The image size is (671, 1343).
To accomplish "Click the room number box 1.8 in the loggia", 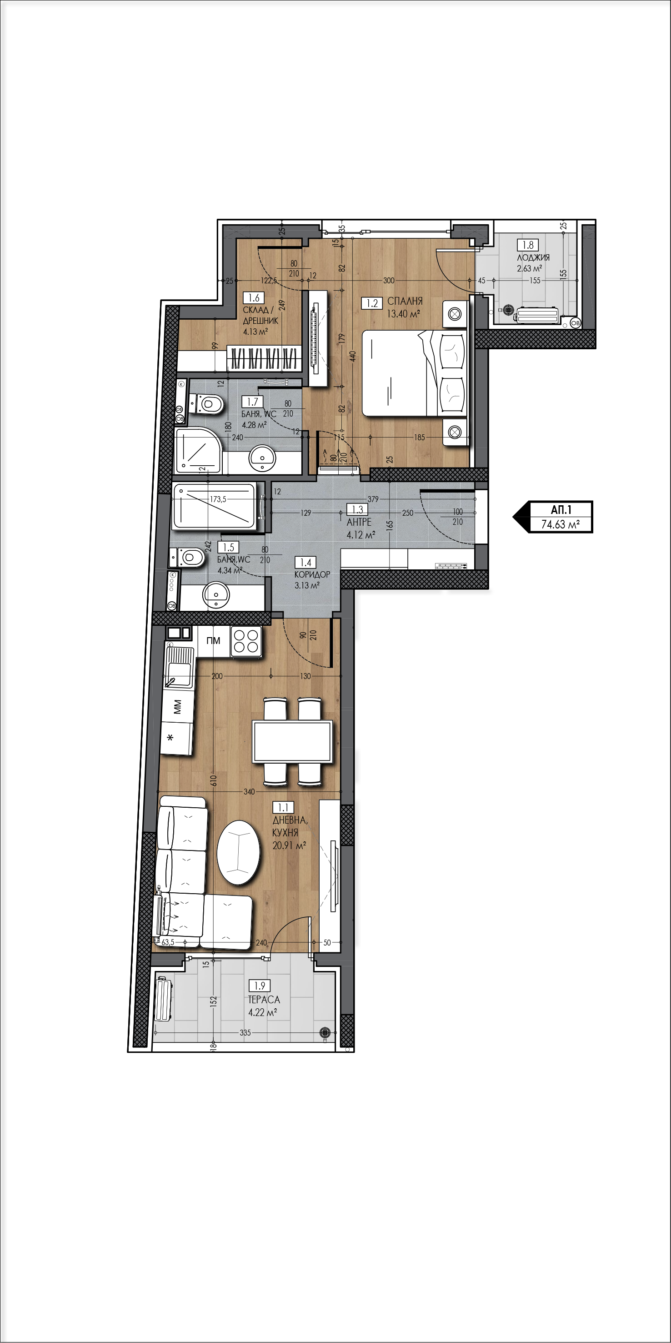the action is pyautogui.click(x=528, y=245).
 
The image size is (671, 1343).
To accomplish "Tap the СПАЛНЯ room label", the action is pyautogui.click(x=405, y=302).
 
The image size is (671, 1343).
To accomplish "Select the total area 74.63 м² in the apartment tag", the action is pyautogui.click(x=561, y=524).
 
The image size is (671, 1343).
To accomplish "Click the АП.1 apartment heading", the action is pyautogui.click(x=561, y=510).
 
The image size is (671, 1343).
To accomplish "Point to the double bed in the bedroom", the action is pyautogui.click(x=415, y=373).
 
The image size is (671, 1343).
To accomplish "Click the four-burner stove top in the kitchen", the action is pyautogui.click(x=246, y=641).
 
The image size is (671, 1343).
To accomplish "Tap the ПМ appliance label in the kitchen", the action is pyautogui.click(x=213, y=641).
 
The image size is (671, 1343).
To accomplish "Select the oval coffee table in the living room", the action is pyautogui.click(x=238, y=852).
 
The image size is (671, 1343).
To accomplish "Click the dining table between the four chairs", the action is pyautogui.click(x=292, y=741).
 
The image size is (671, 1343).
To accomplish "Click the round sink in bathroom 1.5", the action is pyautogui.click(x=215, y=595).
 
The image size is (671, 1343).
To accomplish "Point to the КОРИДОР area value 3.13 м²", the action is pyautogui.click(x=307, y=585).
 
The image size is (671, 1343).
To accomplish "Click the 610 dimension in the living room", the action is pyautogui.click(x=213, y=780).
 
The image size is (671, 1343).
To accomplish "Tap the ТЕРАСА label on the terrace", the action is pyautogui.click(x=264, y=1000).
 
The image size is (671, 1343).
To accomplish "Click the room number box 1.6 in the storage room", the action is pyautogui.click(x=254, y=298).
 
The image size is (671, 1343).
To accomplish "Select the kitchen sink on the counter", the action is pyautogui.click(x=178, y=667).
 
